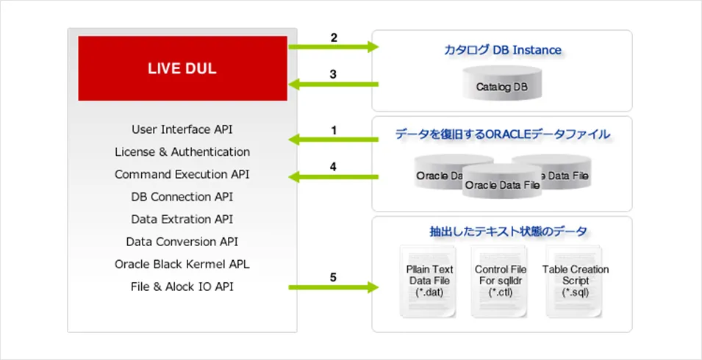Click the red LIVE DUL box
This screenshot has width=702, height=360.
[x=182, y=68]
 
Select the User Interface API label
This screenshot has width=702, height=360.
[x=182, y=129]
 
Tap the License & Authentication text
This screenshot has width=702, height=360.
[x=182, y=152]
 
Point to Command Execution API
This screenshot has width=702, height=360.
[x=182, y=175]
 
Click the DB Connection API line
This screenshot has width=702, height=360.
[x=182, y=197]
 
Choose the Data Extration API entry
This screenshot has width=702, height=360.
[x=182, y=219]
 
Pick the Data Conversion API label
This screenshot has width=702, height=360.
[x=182, y=241]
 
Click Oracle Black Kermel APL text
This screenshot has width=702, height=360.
[x=182, y=264]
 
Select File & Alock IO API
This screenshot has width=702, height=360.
[x=182, y=286]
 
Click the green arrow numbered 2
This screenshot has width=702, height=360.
[x=333, y=48]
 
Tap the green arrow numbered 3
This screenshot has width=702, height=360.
[x=333, y=84]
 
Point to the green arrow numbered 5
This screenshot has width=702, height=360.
[x=333, y=287]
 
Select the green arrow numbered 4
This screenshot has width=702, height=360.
[x=333, y=176]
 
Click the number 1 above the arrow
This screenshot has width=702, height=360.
[x=334, y=130]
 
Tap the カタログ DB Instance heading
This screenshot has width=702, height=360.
[x=502, y=50]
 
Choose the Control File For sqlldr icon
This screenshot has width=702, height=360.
[x=500, y=281]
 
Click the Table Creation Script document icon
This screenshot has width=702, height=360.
[x=576, y=281]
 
